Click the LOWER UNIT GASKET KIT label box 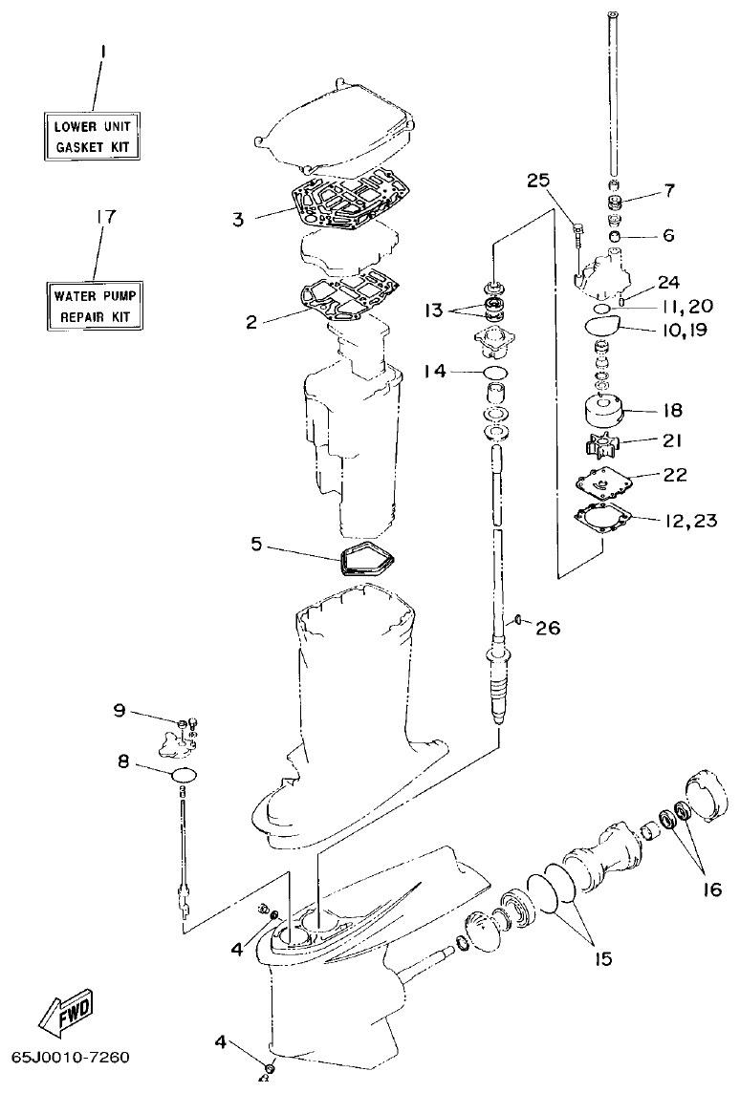94,137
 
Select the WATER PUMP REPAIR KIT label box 96,306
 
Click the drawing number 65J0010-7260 70,1059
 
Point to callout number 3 238,219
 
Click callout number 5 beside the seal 256,544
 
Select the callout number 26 548,628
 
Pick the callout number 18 673,410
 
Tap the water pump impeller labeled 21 604,445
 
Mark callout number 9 120,710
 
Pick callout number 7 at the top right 669,191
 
